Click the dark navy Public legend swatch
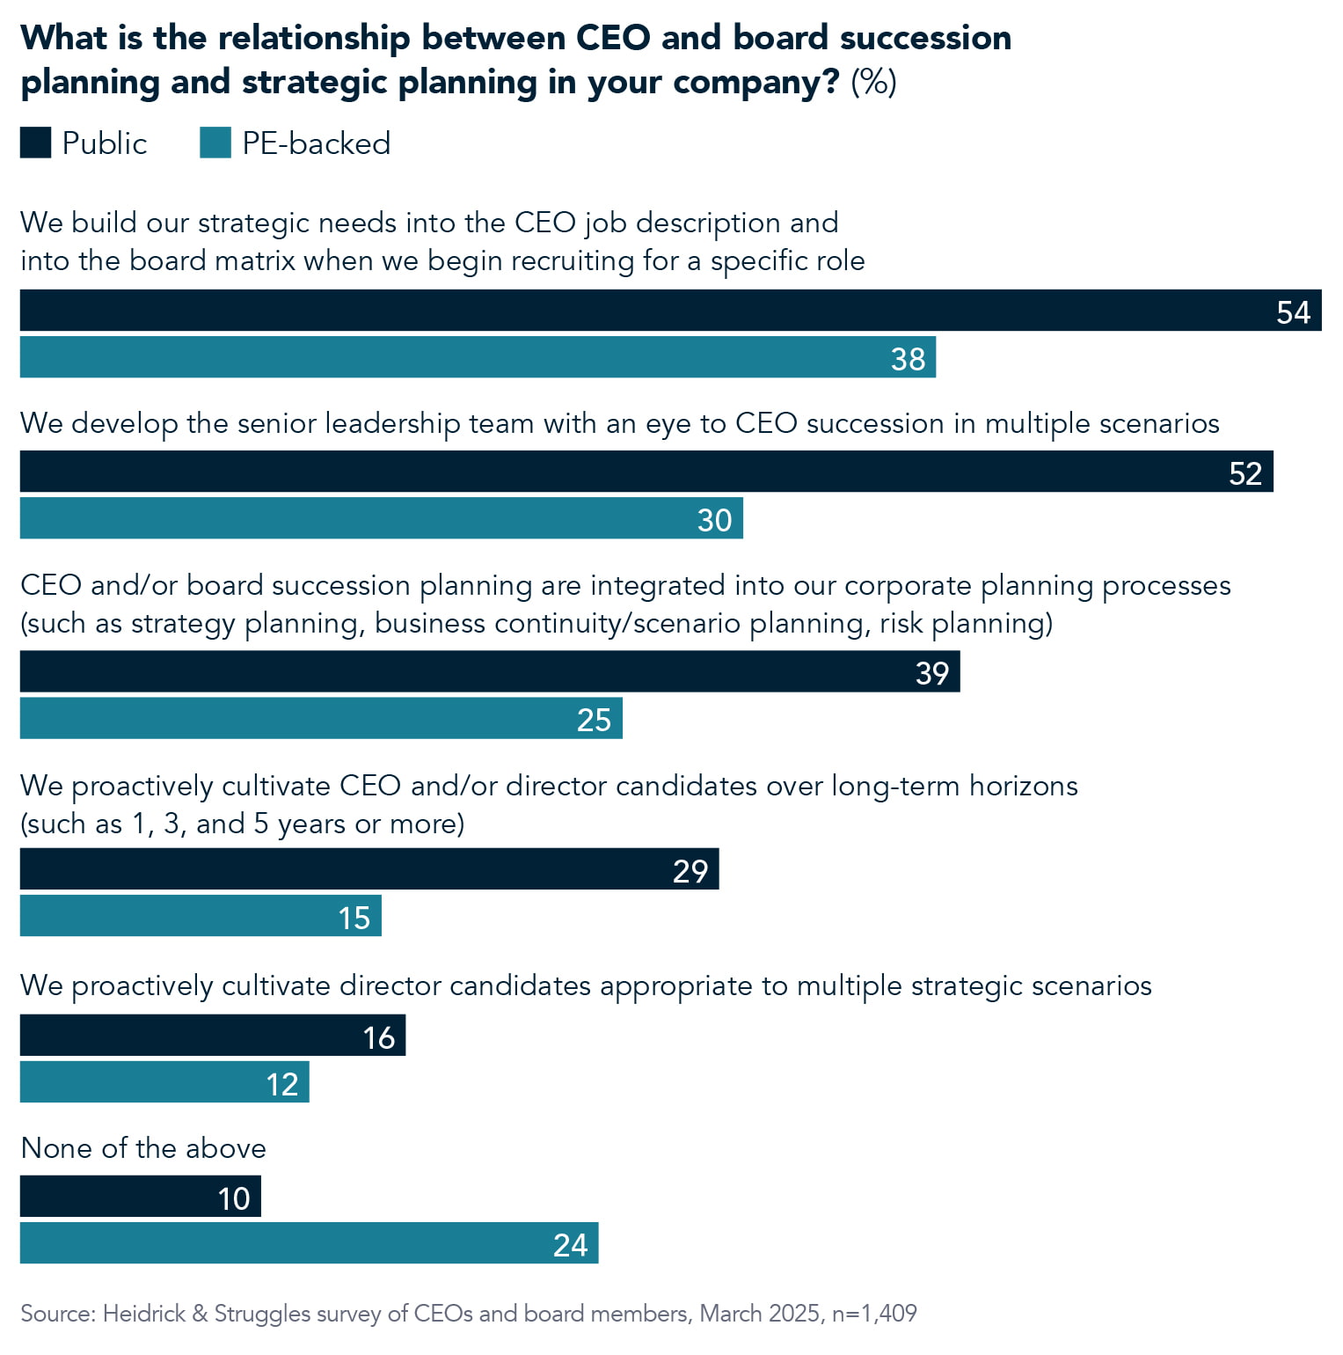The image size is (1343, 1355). tap(35, 143)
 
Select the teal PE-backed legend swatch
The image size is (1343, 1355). tap(215, 143)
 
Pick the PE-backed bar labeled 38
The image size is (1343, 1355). tap(478, 357)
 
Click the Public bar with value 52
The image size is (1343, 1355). tap(646, 472)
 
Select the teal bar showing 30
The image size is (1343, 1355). tap(381, 518)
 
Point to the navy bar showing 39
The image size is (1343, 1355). tap(490, 671)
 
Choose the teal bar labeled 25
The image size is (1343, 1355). tap(321, 718)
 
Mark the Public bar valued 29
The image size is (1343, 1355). tap(369, 869)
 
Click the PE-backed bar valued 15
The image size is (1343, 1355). tap(201, 916)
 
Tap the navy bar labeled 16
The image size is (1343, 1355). tap(213, 1036)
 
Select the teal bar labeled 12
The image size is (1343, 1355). tap(164, 1082)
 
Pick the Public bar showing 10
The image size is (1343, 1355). tap(141, 1197)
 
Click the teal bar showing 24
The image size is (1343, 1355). tap(309, 1243)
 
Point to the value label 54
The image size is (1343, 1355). tap(1293, 312)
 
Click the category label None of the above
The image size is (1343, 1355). tap(143, 1148)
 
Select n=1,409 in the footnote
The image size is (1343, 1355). tap(874, 1314)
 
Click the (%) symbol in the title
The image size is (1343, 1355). tap(873, 82)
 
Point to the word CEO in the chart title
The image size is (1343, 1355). tap(614, 38)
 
